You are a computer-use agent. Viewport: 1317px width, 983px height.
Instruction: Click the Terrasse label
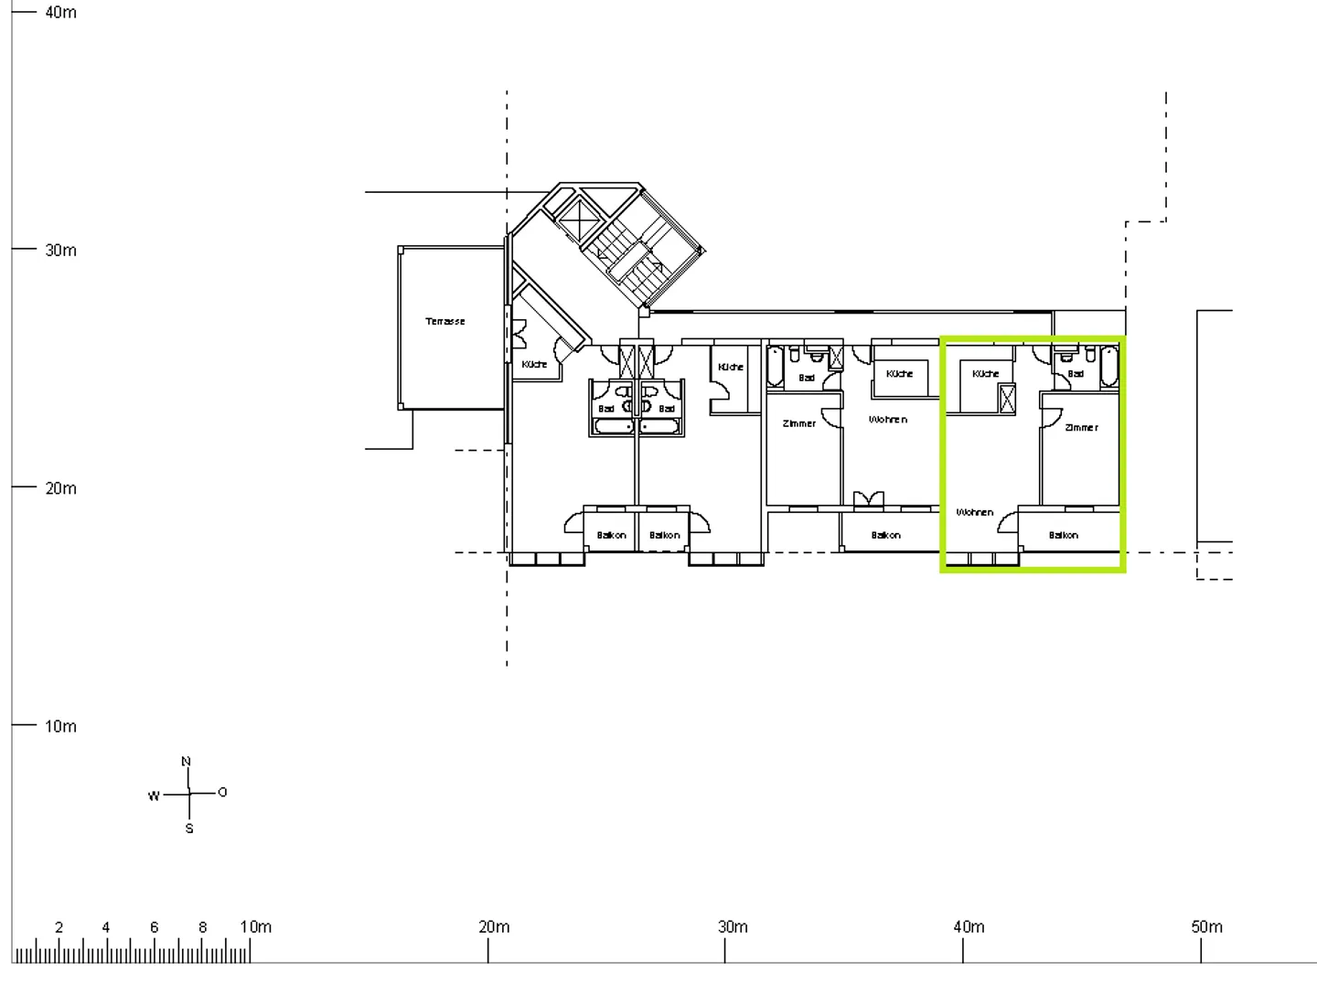pos(445,322)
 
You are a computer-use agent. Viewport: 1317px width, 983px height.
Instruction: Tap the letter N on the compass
pos(187,762)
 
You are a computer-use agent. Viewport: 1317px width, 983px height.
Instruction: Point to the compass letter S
pos(189,829)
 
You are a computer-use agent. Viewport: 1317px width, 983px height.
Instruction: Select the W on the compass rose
pos(154,796)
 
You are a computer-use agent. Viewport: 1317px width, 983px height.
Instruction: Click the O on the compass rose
pos(222,792)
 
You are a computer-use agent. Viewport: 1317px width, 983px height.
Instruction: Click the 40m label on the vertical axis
pos(60,13)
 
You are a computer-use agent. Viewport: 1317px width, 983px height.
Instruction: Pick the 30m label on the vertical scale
pos(60,251)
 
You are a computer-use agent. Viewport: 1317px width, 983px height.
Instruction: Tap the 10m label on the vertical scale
pos(60,727)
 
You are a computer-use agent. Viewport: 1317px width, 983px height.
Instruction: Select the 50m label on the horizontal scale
pos(1206,927)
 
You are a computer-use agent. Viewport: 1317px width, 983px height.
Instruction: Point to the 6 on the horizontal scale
pos(154,927)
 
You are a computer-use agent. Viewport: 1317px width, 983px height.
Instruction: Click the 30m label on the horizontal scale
pos(733,927)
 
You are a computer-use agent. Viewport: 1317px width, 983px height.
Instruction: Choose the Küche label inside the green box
pos(986,374)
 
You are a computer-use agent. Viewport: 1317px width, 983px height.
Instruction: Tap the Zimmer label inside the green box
pos(1081,428)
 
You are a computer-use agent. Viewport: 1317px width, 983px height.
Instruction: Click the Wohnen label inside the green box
pos(975,512)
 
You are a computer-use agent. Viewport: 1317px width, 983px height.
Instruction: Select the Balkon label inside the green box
pos(1064,536)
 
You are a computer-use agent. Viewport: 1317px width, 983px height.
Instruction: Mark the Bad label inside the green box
pos(1076,374)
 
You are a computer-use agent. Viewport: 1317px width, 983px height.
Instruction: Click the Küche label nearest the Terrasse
pos(534,364)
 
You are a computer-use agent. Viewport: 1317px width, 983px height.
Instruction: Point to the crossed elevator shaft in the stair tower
pos(576,219)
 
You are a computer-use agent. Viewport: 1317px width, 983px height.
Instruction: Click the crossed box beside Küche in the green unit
pos(1008,399)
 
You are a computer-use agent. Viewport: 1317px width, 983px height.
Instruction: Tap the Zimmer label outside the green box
pos(799,424)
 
